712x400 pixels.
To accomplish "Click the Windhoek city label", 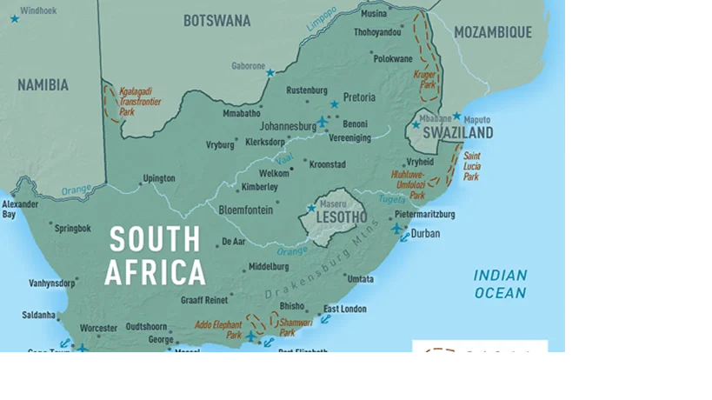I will click(37, 10).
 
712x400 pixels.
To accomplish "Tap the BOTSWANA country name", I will click(216, 21).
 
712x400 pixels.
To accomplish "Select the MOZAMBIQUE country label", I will click(492, 32).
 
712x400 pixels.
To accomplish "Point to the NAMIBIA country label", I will click(43, 85).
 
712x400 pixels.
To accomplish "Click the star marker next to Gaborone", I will click(270, 73).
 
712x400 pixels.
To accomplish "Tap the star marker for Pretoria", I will click(334, 104).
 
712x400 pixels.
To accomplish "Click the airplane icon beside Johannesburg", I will click(323, 122).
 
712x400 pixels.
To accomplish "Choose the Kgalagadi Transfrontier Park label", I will click(140, 101).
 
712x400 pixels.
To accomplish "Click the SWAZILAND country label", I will click(458, 133).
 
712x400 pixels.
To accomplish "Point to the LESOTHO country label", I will click(341, 217).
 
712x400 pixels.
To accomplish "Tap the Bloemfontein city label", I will click(245, 210).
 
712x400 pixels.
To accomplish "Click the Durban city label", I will click(425, 233).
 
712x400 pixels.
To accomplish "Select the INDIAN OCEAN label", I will click(500, 283).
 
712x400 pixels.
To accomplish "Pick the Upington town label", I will click(159, 178).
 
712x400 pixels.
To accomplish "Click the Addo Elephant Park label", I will click(218, 330).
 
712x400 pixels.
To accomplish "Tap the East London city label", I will click(345, 309).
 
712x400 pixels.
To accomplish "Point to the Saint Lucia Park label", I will click(471, 166).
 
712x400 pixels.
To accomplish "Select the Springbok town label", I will click(72, 228).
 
